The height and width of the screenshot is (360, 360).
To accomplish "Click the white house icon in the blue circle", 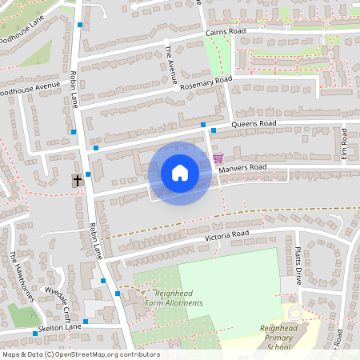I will pos(179,172).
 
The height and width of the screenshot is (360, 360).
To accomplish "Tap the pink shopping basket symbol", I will pos(218,158).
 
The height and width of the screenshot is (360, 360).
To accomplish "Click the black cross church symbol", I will pos(78,180).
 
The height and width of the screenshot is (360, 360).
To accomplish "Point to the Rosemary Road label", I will pos(206,83).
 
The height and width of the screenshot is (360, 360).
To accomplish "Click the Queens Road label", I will pos(254,124).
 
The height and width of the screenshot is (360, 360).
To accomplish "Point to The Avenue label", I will pos(170,63).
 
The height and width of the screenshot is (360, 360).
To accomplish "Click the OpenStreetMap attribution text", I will pos(80,354).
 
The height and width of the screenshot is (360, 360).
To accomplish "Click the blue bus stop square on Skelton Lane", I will pos(35,332).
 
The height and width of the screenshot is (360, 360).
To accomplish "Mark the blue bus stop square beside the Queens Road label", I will pos(214,130).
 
